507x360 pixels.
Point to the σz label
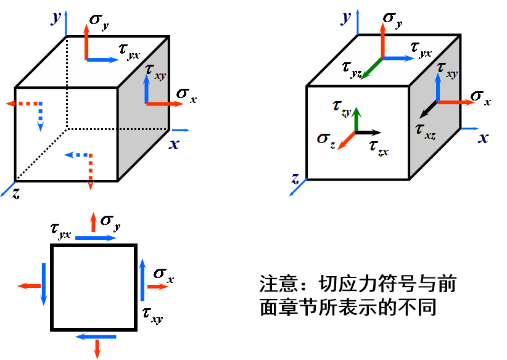point(326,138)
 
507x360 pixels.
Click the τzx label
point(378,146)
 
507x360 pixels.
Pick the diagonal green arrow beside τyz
point(371,68)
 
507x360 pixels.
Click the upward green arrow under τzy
point(355,120)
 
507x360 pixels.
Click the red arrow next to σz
point(346,141)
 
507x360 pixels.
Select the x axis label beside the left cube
point(175,144)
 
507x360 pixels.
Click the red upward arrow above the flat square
point(93,222)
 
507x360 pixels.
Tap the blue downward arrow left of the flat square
point(44,284)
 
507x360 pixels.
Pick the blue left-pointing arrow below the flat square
point(96,337)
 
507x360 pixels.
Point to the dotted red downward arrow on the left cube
point(90,172)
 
